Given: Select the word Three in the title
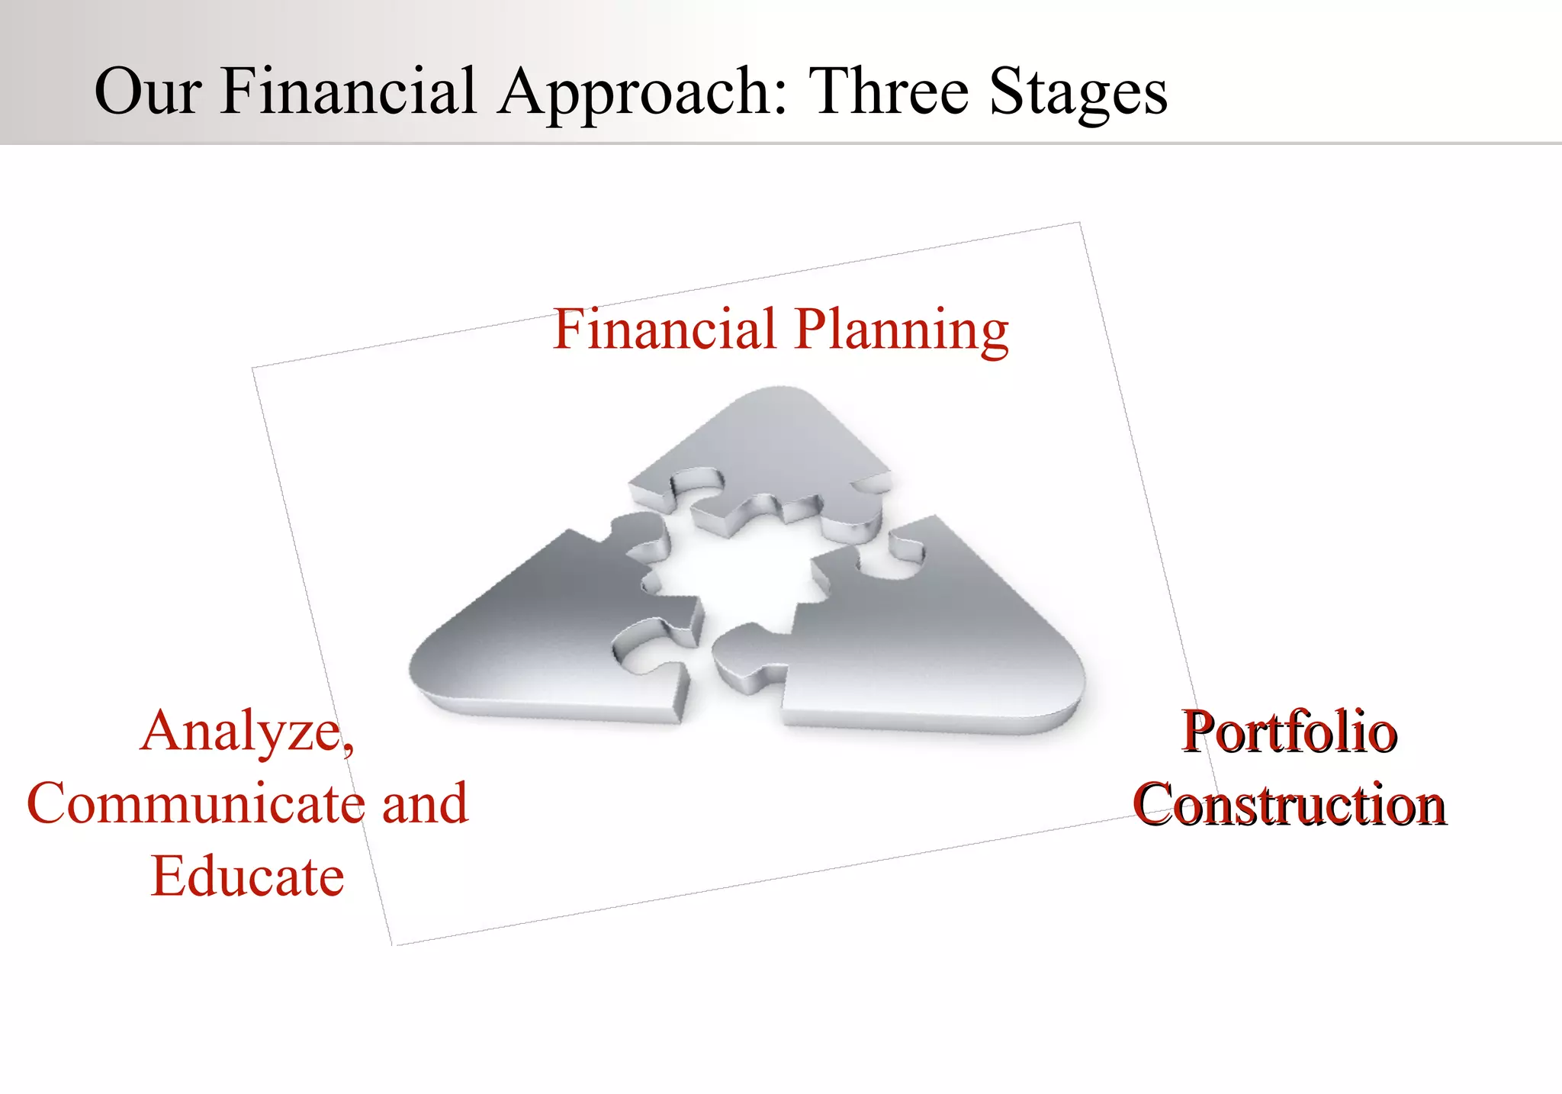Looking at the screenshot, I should [888, 92].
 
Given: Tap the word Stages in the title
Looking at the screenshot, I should [1078, 93].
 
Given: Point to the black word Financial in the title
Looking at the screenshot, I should [349, 92].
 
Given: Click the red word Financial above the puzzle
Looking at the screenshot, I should [664, 330].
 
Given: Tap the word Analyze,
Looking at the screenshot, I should [247, 732].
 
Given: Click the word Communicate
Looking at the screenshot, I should [195, 803].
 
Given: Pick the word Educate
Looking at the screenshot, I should [247, 877].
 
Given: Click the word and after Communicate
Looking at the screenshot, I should [425, 803].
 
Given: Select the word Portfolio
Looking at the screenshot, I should [1289, 732].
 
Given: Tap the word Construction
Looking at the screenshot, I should [1289, 805].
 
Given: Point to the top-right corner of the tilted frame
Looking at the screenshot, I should [1079, 223].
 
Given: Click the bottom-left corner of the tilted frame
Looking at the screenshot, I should [393, 945].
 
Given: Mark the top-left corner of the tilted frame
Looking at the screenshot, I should [253, 368].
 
